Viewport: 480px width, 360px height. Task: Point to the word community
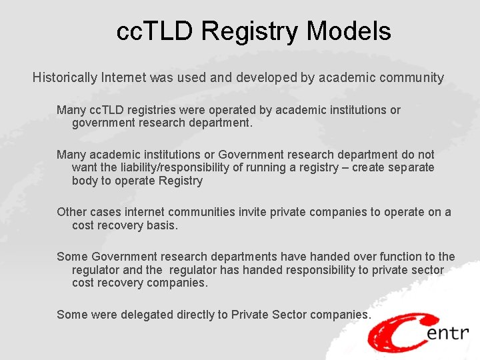point(411,78)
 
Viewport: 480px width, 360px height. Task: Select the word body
point(85,181)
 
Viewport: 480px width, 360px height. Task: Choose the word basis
point(162,225)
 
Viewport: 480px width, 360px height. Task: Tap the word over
point(325,257)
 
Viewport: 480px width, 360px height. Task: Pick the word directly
point(202,315)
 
